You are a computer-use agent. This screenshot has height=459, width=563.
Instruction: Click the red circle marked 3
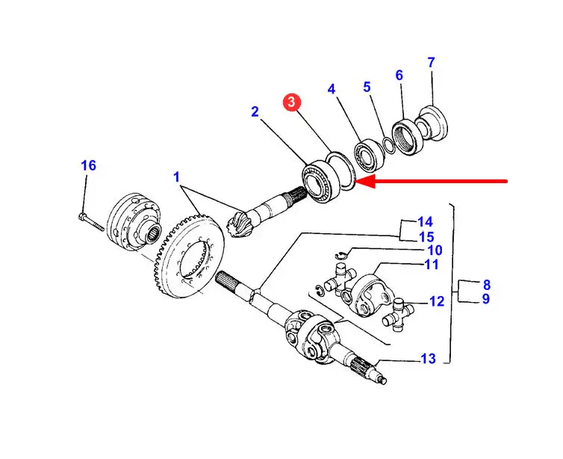click(x=291, y=102)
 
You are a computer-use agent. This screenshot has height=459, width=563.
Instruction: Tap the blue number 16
click(x=88, y=166)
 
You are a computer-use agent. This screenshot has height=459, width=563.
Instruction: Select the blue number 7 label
click(x=432, y=62)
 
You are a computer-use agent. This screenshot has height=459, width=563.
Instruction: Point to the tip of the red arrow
click(x=356, y=182)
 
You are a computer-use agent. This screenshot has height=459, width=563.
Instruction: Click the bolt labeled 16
click(x=90, y=222)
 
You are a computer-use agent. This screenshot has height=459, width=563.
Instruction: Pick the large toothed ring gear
click(x=186, y=256)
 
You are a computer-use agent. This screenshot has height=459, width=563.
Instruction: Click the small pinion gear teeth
click(x=237, y=225)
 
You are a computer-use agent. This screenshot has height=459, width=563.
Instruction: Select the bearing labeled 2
click(x=320, y=182)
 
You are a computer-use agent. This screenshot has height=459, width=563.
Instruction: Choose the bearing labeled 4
click(x=369, y=155)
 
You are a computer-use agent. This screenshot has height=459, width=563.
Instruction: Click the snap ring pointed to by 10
click(x=340, y=255)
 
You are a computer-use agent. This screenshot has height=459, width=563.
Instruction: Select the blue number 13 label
click(x=428, y=358)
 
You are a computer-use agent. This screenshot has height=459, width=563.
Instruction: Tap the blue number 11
click(x=432, y=265)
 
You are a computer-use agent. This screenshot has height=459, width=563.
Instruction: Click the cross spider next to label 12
click(x=399, y=312)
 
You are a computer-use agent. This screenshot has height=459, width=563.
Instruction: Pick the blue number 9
click(x=485, y=299)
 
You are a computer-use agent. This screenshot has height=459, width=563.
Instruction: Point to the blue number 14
click(x=425, y=222)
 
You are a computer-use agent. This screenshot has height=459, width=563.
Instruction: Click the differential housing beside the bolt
click(x=134, y=223)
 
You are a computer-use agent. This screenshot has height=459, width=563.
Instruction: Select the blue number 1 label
click(x=176, y=177)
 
